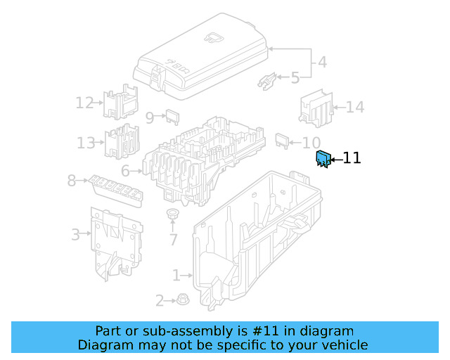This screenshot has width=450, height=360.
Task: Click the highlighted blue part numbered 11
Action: click(323, 160)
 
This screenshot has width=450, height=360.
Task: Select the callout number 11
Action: click(352, 158)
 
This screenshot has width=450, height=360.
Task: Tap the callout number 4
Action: click(321, 62)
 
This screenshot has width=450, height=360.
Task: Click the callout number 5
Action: click(295, 77)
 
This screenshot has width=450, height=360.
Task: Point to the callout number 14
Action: click(355, 108)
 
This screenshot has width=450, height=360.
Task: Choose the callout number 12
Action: click(84, 103)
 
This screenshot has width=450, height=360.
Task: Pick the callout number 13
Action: click(86, 143)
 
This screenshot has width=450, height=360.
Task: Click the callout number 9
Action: click(149, 117)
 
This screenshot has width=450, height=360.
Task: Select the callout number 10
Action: click(311, 143)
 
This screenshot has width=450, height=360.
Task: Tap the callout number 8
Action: click(71, 181)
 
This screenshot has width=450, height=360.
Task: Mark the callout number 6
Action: click(125, 171)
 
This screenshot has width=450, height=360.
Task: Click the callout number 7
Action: click(173, 240)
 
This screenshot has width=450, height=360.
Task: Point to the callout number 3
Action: click(75, 234)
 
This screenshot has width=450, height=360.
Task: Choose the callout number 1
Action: click(176, 274)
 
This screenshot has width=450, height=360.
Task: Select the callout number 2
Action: click(160, 302)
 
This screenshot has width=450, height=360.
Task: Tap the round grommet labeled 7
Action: click(172, 214)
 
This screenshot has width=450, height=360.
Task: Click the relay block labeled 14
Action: click(314, 107)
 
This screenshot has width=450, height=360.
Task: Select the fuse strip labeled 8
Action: click(116, 188)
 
